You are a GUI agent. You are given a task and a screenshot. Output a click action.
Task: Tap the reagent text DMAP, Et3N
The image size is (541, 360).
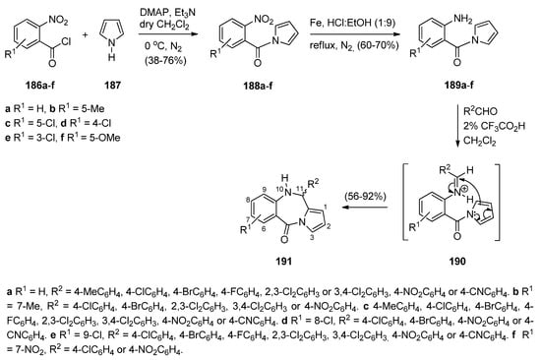coord(180,23)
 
